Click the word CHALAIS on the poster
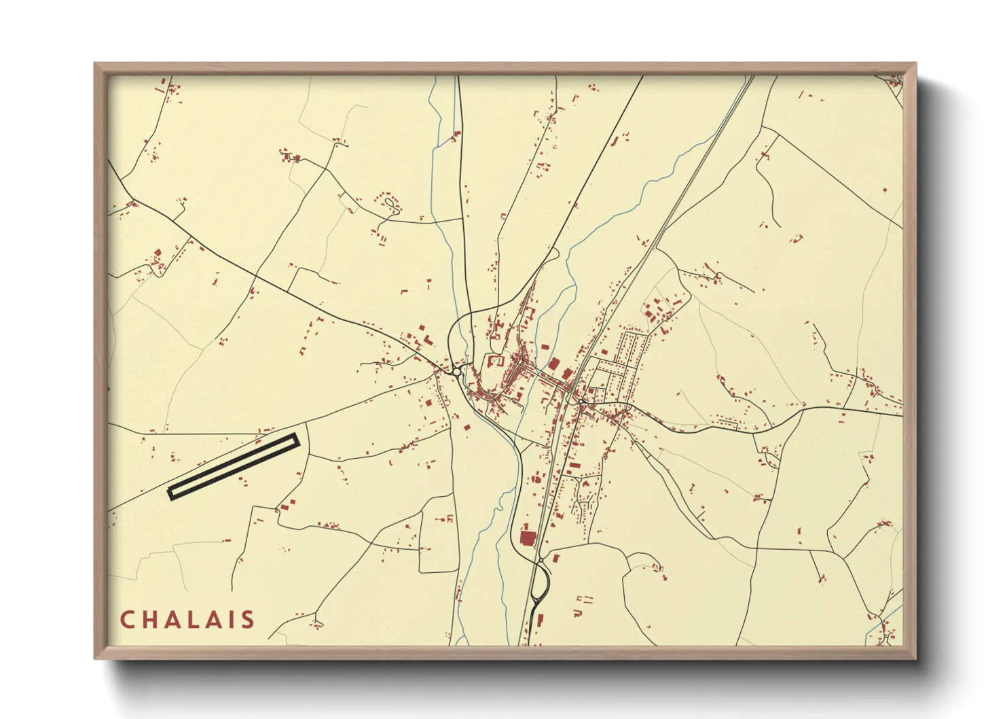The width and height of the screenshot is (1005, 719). pyautogui.click(x=187, y=619)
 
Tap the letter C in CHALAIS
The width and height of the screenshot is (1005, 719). pyautogui.click(x=127, y=619)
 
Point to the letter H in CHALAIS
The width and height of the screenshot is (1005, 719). pyautogui.click(x=150, y=619)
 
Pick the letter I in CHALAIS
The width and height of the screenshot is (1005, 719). pyautogui.click(x=232, y=619)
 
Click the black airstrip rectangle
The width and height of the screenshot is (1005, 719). pyautogui.click(x=234, y=466)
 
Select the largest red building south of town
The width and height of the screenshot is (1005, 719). pyautogui.click(x=527, y=538)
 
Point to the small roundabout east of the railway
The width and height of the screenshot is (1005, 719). pyautogui.click(x=583, y=402)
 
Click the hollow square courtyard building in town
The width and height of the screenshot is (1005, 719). pyautogui.click(x=494, y=360)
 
